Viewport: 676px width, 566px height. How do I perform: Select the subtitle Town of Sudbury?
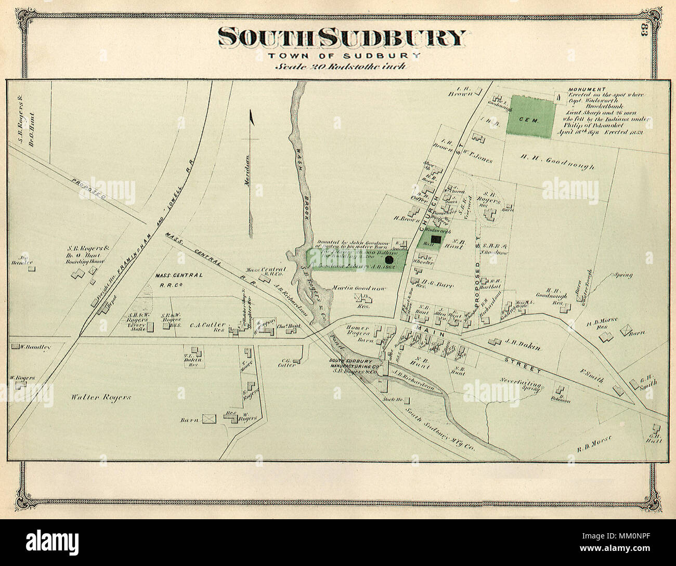pos(342,56)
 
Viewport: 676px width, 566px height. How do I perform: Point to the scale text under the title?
pos(341,66)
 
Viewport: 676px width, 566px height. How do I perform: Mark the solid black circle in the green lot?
pos(388,259)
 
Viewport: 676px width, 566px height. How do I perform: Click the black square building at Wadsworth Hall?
pos(436,239)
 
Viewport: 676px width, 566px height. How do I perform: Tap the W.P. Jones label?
pos(477,160)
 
